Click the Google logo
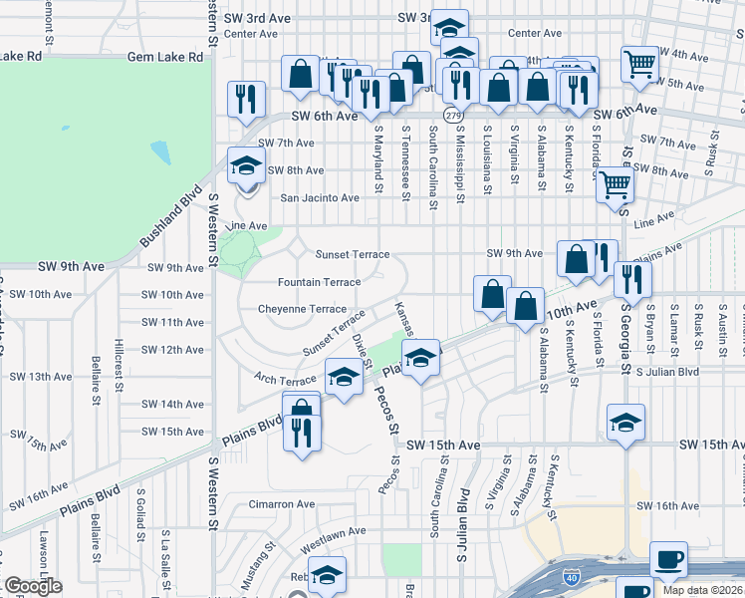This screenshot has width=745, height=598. click(33, 586)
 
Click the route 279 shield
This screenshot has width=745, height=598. click(454, 117)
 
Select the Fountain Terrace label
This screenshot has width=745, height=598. click(319, 282)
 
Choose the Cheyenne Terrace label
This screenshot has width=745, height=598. click(302, 309)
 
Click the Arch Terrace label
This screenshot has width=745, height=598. click(284, 381)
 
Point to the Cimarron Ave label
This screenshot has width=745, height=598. click(280, 504)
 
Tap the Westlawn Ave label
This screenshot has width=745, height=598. click(333, 531)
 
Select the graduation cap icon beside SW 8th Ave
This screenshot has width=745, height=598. click(244, 165)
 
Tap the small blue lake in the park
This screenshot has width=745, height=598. click(159, 152)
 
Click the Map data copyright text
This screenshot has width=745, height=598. click(703, 590)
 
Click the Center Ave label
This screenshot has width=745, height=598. click(251, 33)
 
